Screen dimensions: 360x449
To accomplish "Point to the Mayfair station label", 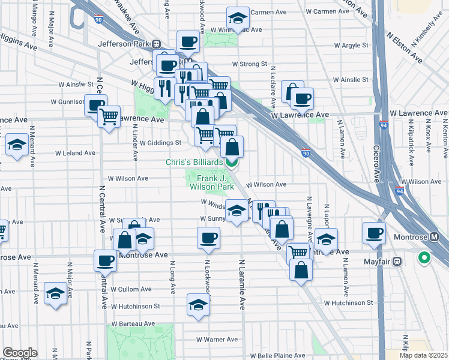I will (382, 262).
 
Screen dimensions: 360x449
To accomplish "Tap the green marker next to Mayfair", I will (424, 259).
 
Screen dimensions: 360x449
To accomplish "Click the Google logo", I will (20, 353).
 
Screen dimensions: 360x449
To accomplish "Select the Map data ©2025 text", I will (424, 355).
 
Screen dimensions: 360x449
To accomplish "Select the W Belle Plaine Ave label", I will (278, 355).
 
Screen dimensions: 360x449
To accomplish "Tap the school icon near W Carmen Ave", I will (238, 18).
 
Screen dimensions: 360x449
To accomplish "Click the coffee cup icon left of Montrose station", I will (375, 232).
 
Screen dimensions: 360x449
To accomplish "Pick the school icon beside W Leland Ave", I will (16, 145).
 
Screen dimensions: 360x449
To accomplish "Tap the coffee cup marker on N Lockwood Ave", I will (208, 238).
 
